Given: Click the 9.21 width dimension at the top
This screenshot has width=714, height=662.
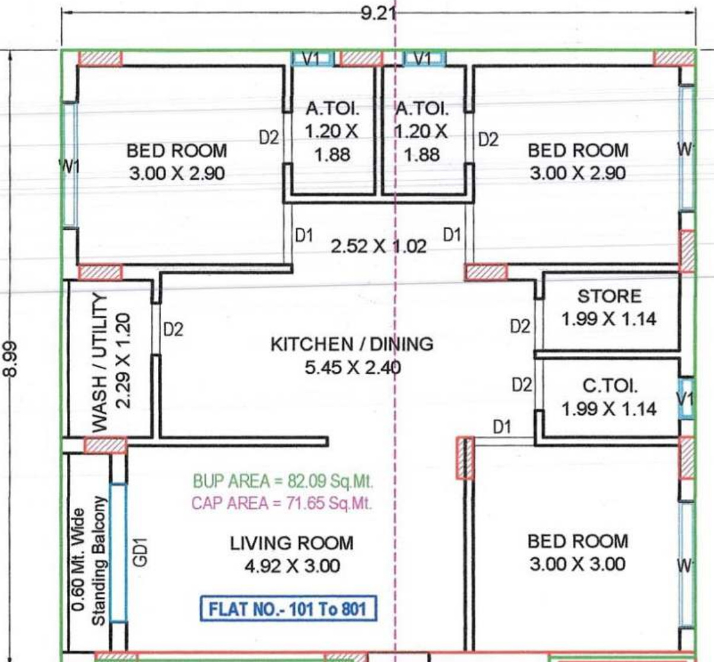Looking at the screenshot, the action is (378, 15).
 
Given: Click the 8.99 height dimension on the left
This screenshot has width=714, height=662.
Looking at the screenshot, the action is (11, 359).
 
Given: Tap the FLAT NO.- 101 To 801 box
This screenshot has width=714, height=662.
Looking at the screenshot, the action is (288, 609).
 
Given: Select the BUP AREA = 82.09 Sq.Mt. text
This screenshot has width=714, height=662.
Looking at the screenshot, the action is (283, 481).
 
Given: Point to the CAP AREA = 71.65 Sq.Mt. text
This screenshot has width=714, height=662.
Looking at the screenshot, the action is (282, 503).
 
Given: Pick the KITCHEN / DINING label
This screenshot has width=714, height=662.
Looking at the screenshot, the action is (352, 344).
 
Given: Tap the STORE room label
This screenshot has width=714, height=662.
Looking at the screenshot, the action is (610, 296).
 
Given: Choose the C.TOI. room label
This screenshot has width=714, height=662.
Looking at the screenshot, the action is (610, 386).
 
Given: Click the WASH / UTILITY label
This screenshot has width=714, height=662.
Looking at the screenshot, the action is (100, 362).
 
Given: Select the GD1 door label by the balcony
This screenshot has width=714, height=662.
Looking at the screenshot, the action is (140, 552).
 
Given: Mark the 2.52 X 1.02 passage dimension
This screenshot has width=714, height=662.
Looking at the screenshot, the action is (378, 247).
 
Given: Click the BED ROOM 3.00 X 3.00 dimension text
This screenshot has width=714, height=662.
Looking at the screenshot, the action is (577, 564).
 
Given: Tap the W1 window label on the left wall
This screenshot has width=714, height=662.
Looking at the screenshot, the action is (69, 167).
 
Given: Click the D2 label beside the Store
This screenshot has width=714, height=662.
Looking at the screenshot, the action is (521, 326).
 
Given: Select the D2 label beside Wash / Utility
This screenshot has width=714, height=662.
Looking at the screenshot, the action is (173, 329).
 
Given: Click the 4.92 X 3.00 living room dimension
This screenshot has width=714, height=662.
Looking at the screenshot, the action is (292, 566).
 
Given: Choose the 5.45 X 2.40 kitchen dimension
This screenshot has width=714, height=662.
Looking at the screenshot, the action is (353, 368).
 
